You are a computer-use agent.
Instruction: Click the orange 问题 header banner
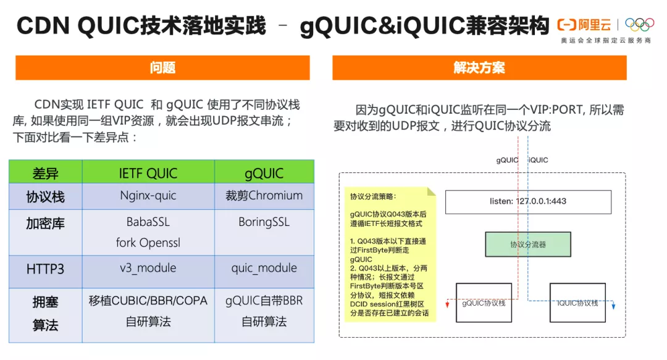point(162,68)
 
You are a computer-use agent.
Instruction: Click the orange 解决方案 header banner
point(479,68)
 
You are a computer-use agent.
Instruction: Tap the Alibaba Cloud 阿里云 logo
point(584,25)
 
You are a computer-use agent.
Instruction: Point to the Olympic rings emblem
point(639,24)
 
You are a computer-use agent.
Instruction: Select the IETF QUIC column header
point(148,174)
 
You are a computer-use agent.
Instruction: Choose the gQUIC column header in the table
point(264,174)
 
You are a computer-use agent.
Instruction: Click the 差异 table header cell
point(45,174)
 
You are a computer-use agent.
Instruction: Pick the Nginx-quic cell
point(148,196)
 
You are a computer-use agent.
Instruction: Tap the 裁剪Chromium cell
point(264,196)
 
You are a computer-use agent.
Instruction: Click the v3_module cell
point(148,268)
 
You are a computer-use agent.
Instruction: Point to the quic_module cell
point(264,268)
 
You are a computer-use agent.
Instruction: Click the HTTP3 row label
point(45,269)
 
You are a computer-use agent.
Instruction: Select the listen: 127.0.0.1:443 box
point(528,202)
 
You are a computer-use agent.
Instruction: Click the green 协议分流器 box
point(528,245)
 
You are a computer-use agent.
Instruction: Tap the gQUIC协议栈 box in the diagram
point(484,303)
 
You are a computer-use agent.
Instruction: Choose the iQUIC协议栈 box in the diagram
point(577,303)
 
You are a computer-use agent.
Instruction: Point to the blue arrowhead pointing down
point(613,306)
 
